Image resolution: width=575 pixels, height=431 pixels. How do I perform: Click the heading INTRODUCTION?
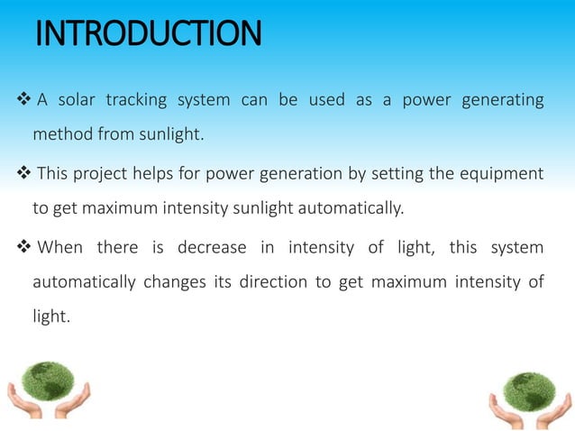[x=148, y=34]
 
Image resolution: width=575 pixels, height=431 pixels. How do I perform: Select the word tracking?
[x=138, y=100]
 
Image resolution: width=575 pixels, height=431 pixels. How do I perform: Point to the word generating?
[x=502, y=100]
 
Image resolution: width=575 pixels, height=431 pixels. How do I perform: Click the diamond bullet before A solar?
[x=23, y=100]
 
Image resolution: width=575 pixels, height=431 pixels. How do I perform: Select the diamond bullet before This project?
[x=23, y=173]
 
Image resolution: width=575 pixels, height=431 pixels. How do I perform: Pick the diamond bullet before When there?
[x=23, y=247]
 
